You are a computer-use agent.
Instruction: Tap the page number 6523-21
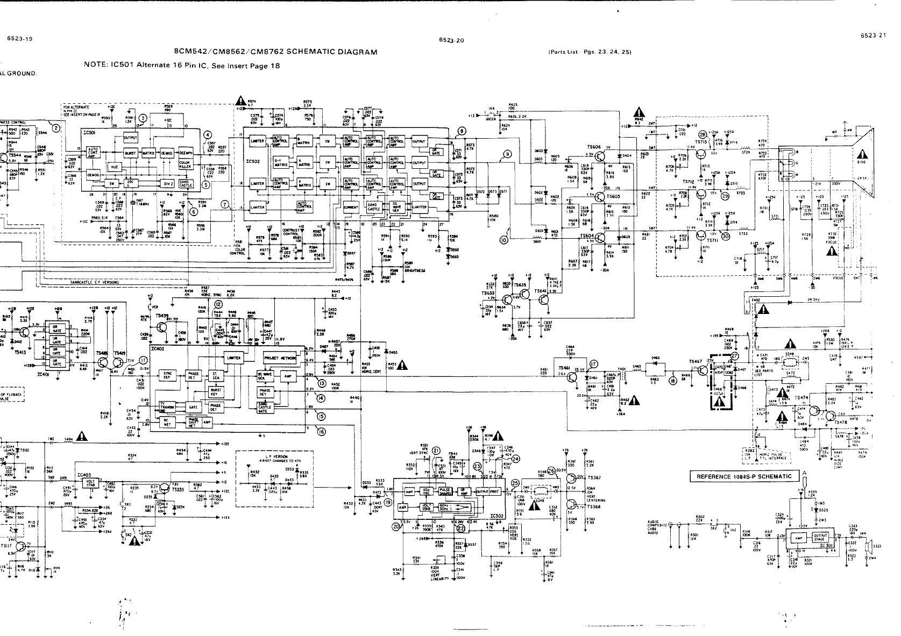(x=872, y=35)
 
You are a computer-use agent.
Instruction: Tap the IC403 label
(x=84, y=475)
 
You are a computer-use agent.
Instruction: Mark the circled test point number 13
(x=322, y=383)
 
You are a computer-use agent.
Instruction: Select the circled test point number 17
(x=593, y=363)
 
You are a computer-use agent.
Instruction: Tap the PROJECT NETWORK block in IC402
(x=280, y=358)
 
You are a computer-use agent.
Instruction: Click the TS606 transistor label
(x=594, y=147)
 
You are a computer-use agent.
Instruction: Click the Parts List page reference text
(x=589, y=52)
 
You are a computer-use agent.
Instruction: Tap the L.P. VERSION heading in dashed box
(x=269, y=456)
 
